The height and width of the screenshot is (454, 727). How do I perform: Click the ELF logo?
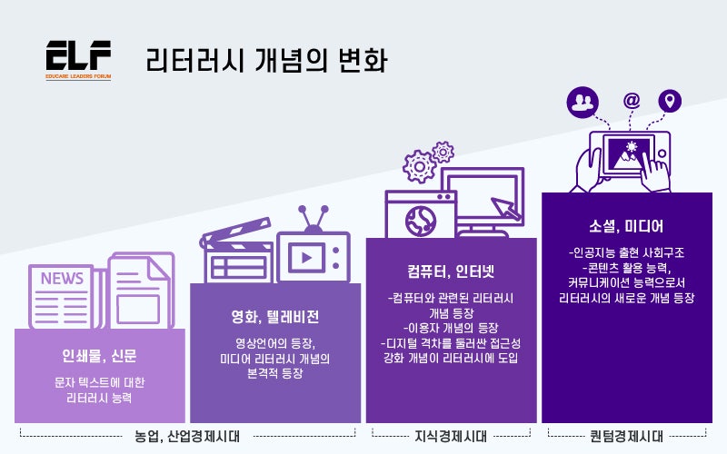point(78,60)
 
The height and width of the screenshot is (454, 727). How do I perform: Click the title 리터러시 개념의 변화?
point(266,60)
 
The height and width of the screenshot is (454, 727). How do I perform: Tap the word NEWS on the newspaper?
point(62,279)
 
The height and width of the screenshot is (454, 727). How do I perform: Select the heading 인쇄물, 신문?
point(99,356)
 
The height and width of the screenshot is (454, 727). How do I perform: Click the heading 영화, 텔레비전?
point(275,317)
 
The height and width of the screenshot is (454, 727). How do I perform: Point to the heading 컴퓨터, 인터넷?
point(451,271)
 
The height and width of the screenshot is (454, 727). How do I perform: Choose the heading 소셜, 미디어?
point(626,226)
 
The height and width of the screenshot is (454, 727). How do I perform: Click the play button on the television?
point(306,258)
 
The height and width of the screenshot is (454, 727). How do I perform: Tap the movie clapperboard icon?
point(236,251)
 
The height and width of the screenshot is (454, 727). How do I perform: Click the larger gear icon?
point(420,166)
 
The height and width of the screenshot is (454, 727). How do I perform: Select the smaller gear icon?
point(443,152)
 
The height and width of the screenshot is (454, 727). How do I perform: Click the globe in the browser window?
point(421,220)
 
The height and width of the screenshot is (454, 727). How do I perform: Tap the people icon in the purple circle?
point(583,102)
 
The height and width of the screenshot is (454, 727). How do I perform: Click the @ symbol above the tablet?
point(632,100)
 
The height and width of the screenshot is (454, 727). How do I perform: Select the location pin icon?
point(670,101)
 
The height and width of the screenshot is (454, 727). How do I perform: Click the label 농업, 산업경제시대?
point(187,437)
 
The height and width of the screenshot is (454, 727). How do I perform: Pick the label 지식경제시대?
point(451,437)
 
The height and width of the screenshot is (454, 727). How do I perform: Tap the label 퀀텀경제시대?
point(626,437)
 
